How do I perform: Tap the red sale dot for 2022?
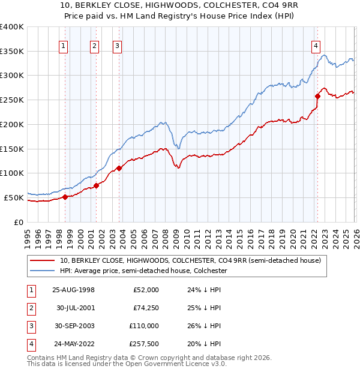317,96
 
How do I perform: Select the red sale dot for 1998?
65,197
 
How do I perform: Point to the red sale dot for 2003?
119,168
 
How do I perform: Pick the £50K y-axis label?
14,197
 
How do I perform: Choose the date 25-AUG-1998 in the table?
73,290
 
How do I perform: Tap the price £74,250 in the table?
144,308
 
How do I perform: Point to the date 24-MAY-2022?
73,344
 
